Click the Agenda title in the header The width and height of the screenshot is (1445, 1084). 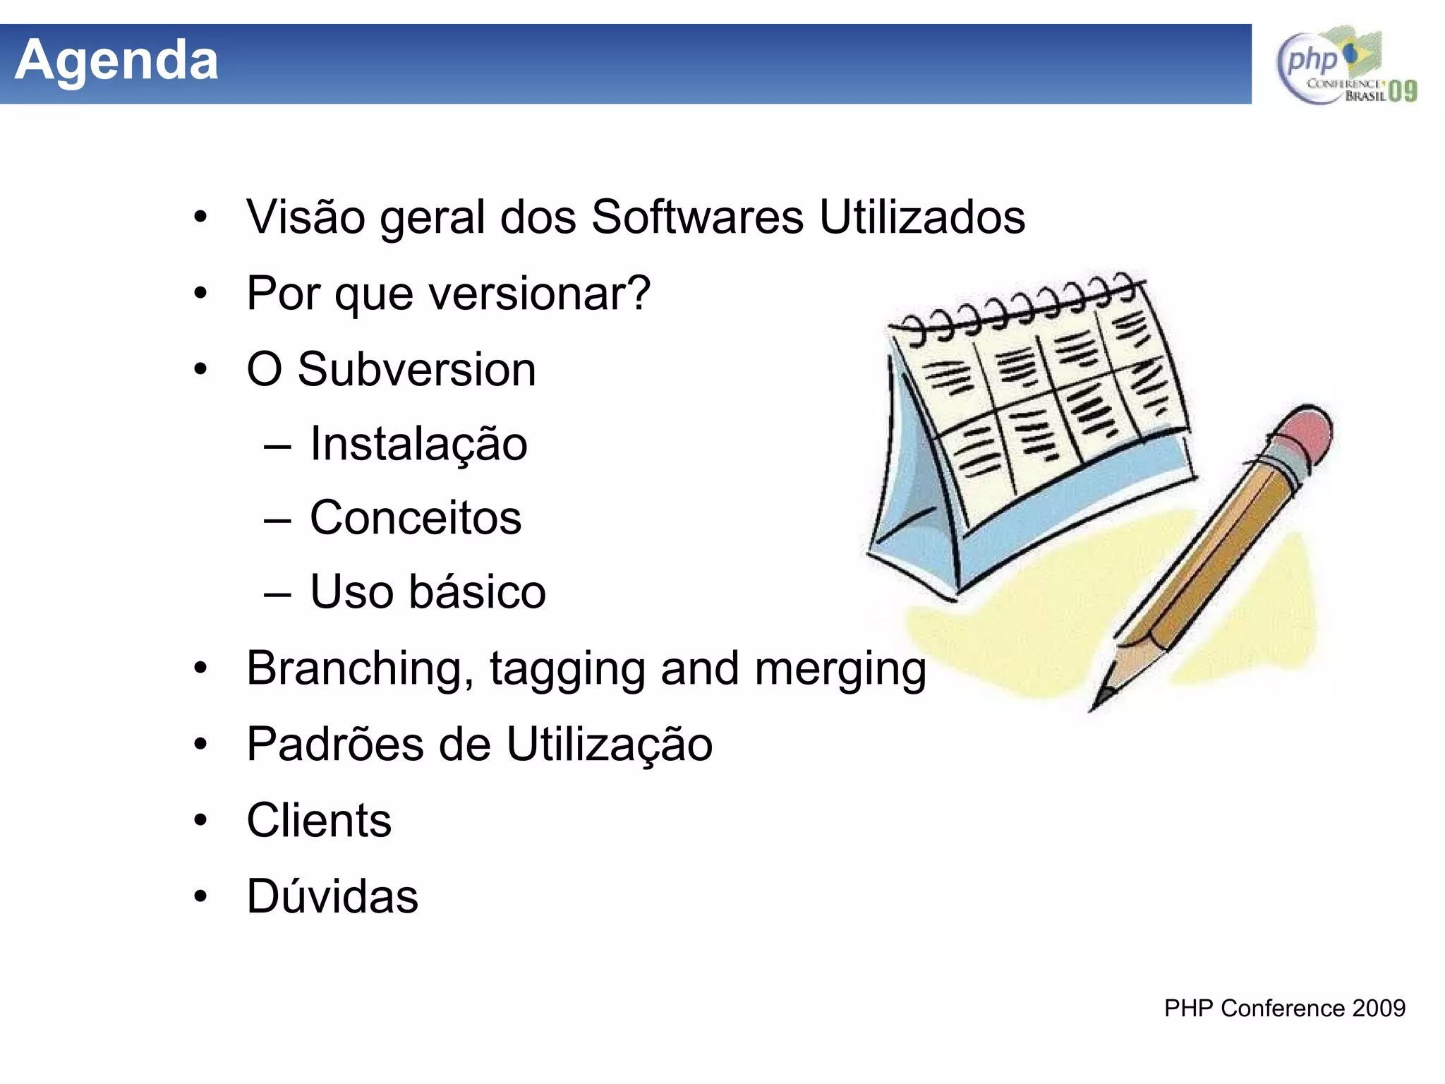(116, 61)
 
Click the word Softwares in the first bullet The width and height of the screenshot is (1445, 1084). (697, 217)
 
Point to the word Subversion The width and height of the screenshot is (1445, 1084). (416, 369)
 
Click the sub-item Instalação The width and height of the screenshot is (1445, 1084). (418, 444)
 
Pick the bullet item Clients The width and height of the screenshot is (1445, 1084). (319, 820)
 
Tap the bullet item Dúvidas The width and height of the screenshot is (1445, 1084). (332, 896)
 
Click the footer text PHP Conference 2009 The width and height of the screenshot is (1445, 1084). (1284, 1008)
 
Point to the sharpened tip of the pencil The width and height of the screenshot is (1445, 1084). (1096, 705)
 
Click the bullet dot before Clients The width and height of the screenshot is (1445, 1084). (201, 820)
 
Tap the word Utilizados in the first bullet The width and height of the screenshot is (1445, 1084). (921, 217)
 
